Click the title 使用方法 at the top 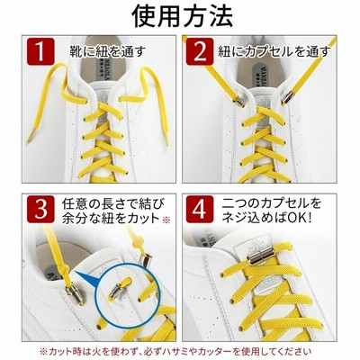click(183, 17)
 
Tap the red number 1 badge click(40, 51)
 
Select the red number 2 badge click(200, 51)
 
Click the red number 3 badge click(40, 209)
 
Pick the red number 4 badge click(200, 209)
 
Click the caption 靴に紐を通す click(107, 51)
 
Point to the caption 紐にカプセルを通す click(274, 51)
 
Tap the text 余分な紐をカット click(111, 218)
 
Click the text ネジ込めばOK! click(267, 218)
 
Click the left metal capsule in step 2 click(238, 101)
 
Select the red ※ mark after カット click(166, 220)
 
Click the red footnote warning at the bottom click(175, 351)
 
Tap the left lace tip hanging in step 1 click(31, 138)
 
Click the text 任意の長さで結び click(113, 204)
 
